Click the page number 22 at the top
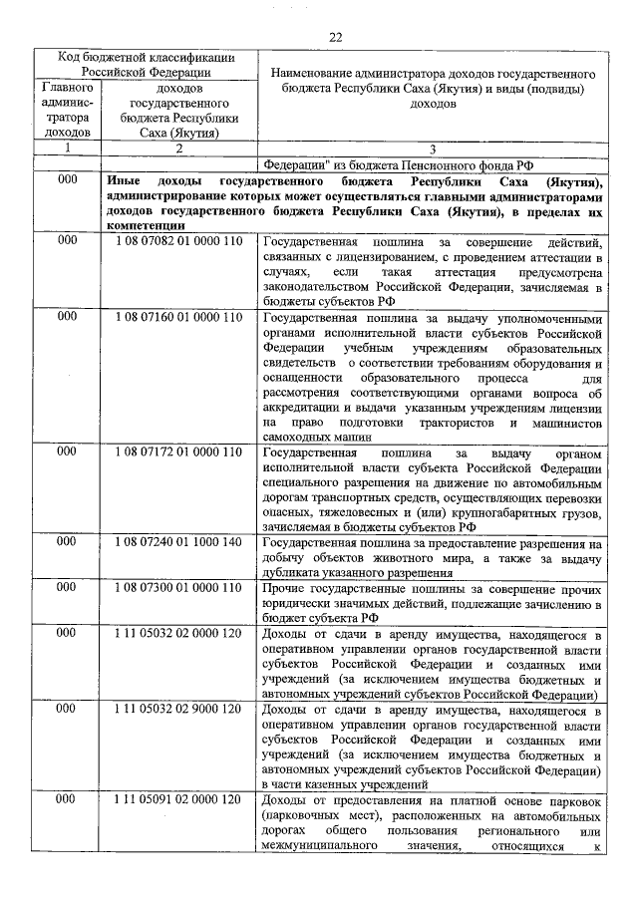(x=336, y=36)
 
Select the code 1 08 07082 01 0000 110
(x=178, y=242)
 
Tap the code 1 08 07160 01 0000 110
(x=178, y=317)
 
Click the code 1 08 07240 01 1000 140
(x=178, y=542)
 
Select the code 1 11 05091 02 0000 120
(x=178, y=799)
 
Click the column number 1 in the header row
(x=68, y=148)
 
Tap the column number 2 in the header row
(x=178, y=148)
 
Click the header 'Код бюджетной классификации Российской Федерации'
(x=146, y=64)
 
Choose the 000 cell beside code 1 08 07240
(x=68, y=542)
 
